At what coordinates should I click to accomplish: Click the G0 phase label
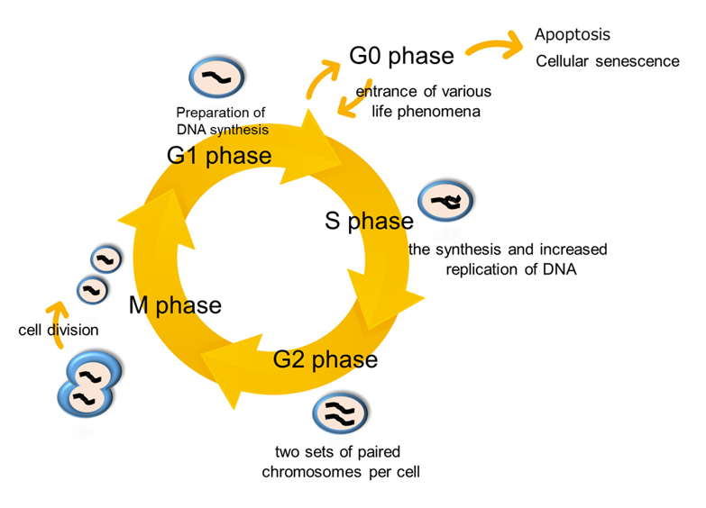[x=401, y=56]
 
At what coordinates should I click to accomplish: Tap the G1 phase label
[x=219, y=155]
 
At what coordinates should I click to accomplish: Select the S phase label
[x=369, y=221]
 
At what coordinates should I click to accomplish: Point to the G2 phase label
[x=325, y=358]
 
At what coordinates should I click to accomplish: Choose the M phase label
[x=175, y=304]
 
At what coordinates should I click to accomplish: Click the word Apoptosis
[x=572, y=35]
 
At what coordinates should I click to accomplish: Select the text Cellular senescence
[x=608, y=61]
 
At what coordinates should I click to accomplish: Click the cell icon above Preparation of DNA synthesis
[x=217, y=77]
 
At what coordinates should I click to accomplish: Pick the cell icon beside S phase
[x=445, y=204]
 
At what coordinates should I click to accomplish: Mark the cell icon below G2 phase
[x=340, y=413]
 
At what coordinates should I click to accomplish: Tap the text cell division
[x=59, y=330]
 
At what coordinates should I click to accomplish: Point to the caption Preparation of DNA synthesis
[x=221, y=121]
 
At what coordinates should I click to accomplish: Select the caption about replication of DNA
[x=508, y=259]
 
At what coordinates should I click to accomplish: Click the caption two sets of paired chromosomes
[x=341, y=461]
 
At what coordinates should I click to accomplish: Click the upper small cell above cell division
[x=105, y=259]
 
